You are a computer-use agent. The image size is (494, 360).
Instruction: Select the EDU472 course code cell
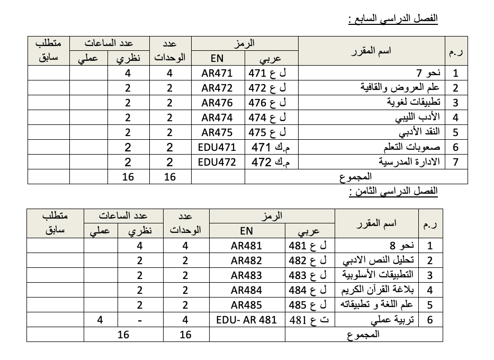[217, 162]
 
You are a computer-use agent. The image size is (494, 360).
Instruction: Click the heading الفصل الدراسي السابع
[393, 19]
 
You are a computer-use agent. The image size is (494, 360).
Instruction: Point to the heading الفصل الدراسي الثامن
[393, 191]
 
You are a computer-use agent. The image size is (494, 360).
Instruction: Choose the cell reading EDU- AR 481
[247, 320]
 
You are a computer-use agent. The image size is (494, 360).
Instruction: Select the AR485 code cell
[247, 305]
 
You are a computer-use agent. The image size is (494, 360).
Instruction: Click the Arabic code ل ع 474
[271, 118]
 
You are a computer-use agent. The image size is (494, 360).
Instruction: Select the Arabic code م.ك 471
[271, 147]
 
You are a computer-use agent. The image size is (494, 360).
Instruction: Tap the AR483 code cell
[247, 275]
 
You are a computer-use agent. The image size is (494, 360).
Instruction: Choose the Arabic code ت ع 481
[309, 320]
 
